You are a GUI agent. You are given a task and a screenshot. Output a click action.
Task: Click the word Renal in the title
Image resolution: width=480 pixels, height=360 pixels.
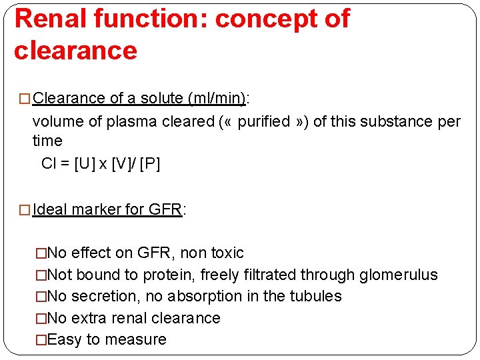(x=50, y=19)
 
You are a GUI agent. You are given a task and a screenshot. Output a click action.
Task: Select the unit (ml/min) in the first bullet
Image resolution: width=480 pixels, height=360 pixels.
(x=217, y=99)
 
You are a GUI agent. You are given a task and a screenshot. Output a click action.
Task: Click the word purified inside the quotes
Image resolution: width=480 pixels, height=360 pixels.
(x=264, y=122)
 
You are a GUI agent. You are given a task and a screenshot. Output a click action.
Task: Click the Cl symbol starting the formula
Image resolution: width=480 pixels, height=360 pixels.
(x=48, y=163)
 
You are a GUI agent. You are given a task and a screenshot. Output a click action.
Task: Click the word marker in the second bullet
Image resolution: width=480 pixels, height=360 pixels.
(x=93, y=209)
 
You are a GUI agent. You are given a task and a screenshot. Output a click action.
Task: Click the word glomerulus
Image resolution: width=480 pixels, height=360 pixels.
(x=399, y=275)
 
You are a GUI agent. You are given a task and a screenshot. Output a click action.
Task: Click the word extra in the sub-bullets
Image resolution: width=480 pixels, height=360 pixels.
(x=87, y=318)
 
